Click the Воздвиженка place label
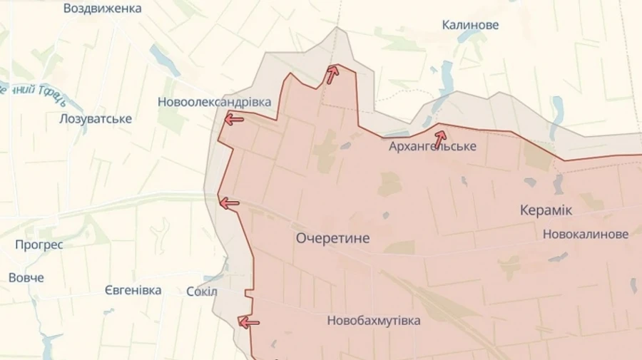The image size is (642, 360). (103, 9)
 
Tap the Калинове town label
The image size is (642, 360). (470, 25)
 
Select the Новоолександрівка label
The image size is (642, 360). (214, 102)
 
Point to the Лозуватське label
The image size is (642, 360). (96, 119)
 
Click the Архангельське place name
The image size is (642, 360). (432, 146)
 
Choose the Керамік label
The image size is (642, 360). (546, 211)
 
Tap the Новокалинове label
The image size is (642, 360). (585, 234)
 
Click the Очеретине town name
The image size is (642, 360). (332, 239)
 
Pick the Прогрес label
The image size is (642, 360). (39, 245)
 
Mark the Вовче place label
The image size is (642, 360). (26, 277)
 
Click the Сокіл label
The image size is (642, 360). (201, 292)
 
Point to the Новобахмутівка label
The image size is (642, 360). (373, 321)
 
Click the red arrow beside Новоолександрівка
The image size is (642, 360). (233, 120)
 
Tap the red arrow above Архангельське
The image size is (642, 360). (440, 135)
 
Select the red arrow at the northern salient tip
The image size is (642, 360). (332, 75)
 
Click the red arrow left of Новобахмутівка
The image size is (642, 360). (248, 323)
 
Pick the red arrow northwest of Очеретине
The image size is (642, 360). (229, 205)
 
